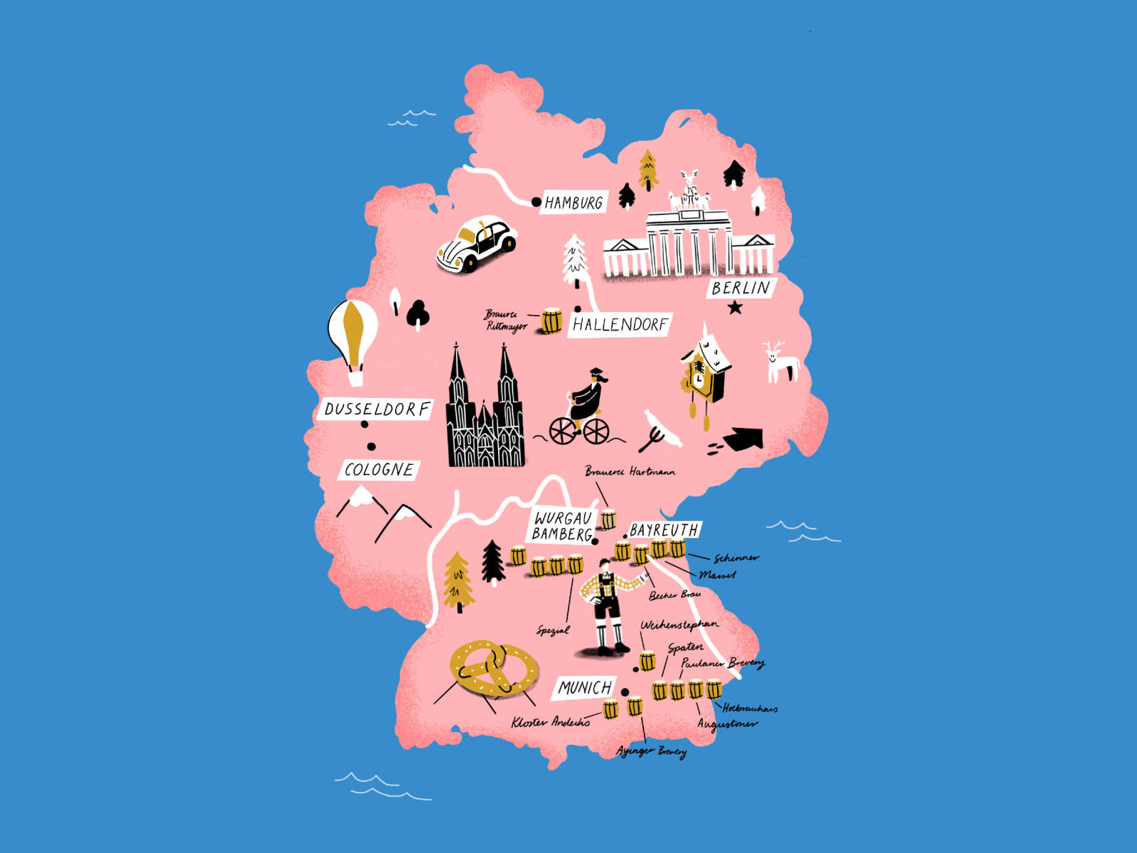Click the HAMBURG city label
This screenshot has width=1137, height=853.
(x=573, y=203)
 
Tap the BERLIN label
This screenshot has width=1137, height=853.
(x=740, y=288)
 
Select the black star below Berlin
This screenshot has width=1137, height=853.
(x=735, y=308)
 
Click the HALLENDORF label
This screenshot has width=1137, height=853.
(x=620, y=325)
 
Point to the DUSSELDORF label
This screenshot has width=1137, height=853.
(x=377, y=409)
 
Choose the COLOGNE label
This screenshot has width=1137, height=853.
(x=379, y=470)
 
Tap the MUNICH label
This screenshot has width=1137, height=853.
(x=584, y=687)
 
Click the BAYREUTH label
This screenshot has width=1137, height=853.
(x=664, y=530)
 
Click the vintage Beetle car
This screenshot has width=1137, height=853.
(x=477, y=246)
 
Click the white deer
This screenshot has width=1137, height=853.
(x=781, y=363)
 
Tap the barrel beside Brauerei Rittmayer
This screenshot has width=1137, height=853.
(x=552, y=321)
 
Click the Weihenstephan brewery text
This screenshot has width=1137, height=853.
(x=679, y=626)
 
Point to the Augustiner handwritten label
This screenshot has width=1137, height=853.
(x=726, y=724)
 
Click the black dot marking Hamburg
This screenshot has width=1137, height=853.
(x=537, y=203)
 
